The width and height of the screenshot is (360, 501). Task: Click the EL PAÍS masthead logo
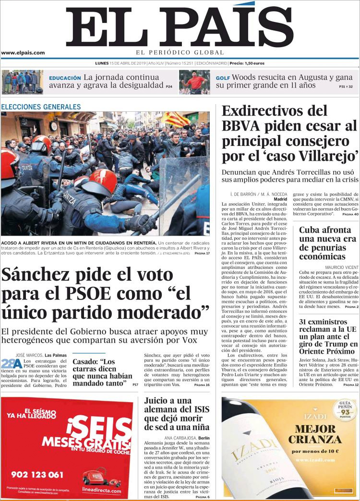(180, 26)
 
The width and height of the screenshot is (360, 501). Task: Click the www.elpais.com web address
(23, 53)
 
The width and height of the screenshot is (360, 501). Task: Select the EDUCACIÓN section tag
(65, 78)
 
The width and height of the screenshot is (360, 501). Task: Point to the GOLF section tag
(223, 78)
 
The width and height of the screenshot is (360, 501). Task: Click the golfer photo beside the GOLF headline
(194, 82)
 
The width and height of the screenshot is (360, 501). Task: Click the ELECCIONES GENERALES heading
(41, 107)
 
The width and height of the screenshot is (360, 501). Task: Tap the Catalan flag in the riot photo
(175, 119)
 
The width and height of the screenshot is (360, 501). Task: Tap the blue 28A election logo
(11, 363)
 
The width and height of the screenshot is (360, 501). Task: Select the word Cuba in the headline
(312, 230)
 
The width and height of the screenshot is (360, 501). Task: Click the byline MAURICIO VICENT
(341, 267)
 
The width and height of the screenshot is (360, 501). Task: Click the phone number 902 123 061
(37, 475)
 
